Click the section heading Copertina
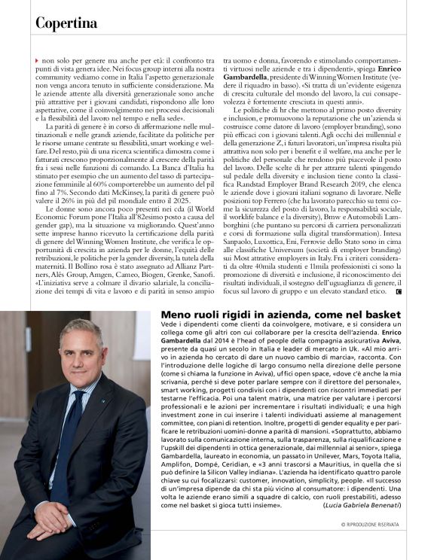[66, 23]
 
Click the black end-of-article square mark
[398, 290]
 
